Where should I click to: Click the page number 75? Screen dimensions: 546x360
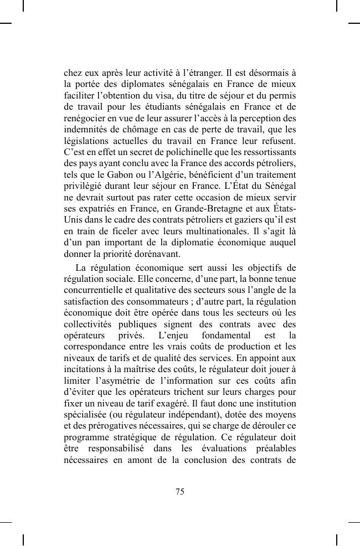coord(179,491)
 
